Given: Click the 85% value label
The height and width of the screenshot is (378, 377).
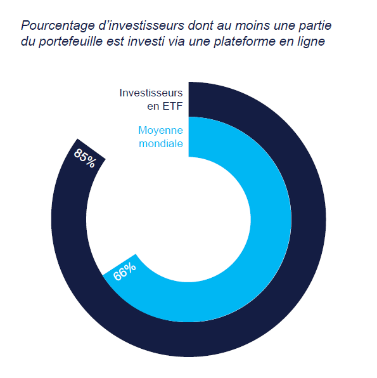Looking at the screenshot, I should [x=84, y=157].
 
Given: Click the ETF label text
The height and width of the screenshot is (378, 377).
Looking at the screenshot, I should [x=172, y=107].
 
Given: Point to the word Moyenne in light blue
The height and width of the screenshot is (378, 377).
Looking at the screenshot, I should [x=160, y=130].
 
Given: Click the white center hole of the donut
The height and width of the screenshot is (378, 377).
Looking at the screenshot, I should [x=188, y=216].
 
